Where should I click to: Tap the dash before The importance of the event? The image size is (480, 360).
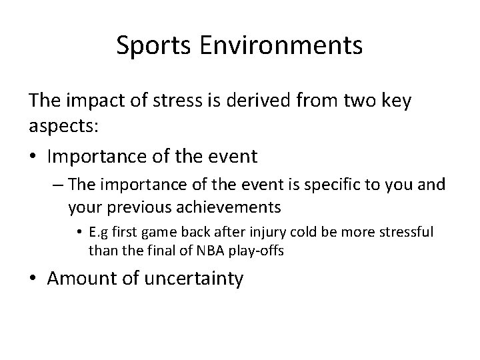(58, 185)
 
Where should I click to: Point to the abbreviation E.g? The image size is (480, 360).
(100, 233)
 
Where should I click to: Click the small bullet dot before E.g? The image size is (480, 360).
(80, 233)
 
